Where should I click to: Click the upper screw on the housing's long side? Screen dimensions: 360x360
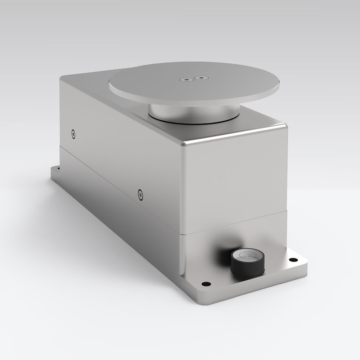pos(74,134)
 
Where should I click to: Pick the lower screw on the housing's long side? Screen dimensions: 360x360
pos(140,195)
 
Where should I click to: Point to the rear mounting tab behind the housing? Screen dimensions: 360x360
pos(56,169)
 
